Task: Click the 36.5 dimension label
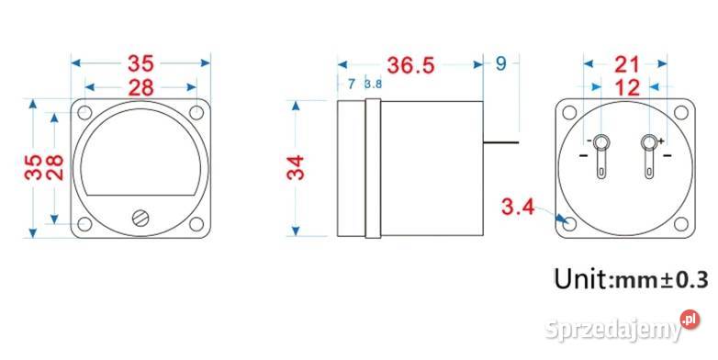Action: point(410,65)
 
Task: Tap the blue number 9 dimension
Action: point(501,63)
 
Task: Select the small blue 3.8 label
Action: point(373,84)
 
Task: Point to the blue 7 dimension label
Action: point(352,84)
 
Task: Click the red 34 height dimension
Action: point(296,168)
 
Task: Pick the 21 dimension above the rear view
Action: point(626,64)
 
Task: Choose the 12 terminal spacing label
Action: point(627,87)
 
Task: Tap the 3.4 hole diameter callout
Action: point(518,207)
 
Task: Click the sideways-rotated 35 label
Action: point(33,167)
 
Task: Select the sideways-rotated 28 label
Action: point(54,167)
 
